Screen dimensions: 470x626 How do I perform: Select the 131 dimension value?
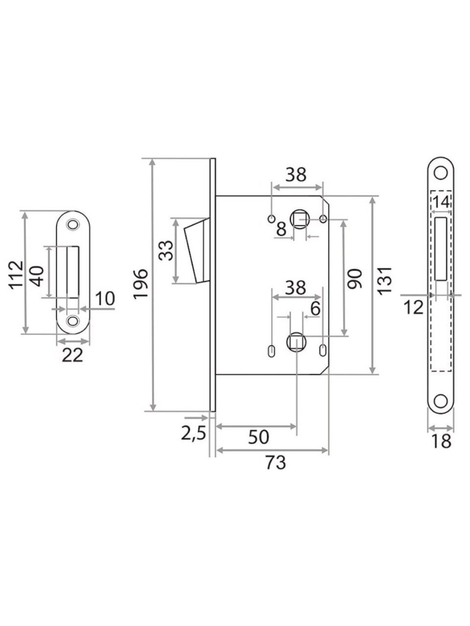tap(385, 281)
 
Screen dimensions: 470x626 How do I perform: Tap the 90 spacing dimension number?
tap(355, 278)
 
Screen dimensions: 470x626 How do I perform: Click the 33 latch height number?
tap(166, 250)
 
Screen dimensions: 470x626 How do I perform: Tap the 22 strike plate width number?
tap(72, 355)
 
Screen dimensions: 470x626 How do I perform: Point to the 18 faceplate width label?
tap(441, 441)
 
